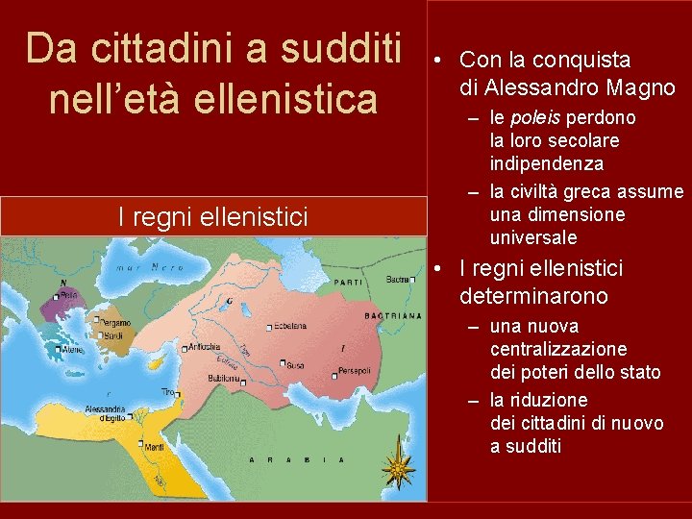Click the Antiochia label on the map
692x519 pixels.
[205, 346]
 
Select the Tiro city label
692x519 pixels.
[169, 392]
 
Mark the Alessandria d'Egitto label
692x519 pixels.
[105, 413]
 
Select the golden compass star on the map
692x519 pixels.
[397, 469]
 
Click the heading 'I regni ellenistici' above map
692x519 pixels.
[212, 217]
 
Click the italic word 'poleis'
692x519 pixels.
[540, 117]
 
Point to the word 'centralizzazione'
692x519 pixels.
[557, 349]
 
